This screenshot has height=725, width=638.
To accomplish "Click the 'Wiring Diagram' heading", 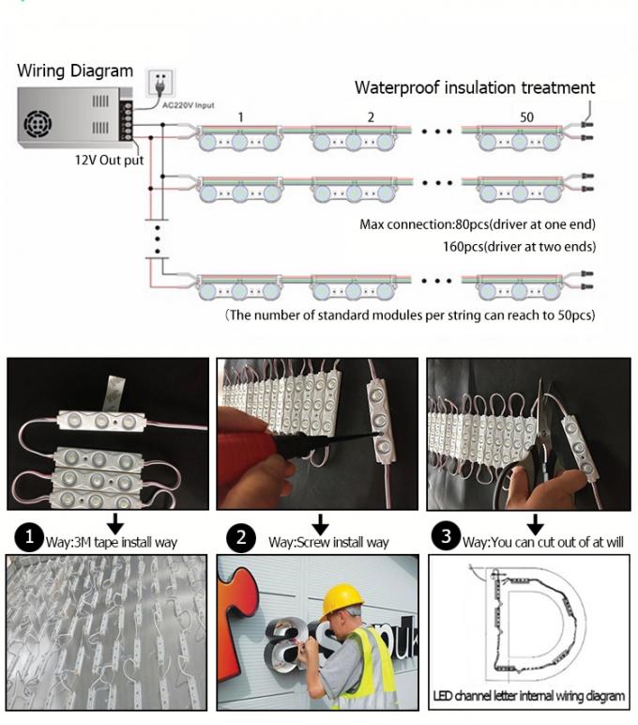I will (76, 71).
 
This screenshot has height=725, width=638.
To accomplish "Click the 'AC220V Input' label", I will (188, 104).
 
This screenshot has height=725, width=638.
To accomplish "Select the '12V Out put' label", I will (109, 160).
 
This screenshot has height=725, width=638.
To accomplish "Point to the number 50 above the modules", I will (526, 117).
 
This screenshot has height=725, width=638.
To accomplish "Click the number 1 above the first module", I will (241, 117).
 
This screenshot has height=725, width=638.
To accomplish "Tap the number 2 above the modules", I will (371, 117).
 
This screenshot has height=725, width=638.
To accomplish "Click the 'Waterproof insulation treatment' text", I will (474, 87).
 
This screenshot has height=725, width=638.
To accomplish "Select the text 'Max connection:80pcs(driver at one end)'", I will (478, 225).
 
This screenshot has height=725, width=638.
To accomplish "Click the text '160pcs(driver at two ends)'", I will (519, 247).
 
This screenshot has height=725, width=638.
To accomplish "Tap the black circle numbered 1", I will (32, 538).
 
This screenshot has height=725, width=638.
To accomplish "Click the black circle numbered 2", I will (242, 538).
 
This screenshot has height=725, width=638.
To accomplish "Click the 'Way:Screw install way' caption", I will (327, 542).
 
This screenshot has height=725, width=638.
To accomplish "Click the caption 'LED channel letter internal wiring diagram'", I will (529, 696).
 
